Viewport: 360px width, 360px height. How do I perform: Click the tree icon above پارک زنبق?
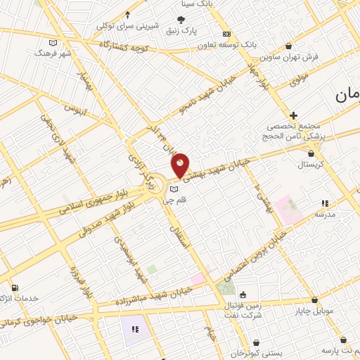(181, 20)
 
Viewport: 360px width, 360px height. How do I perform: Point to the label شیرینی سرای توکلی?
(128, 26)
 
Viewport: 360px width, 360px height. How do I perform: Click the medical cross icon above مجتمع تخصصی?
(293, 115)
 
